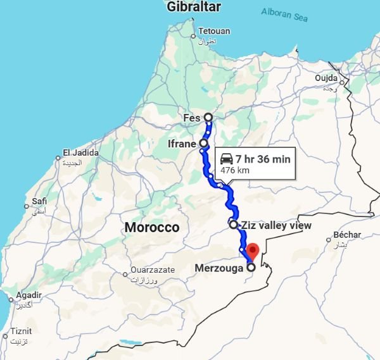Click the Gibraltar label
click(194, 7)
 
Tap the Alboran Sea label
click(284, 14)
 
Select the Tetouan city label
click(213, 31)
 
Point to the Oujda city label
click(327, 78)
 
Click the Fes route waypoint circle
click(208, 118)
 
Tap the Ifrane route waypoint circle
click(203, 143)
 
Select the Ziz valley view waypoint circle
click(233, 224)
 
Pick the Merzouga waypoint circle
click(251, 267)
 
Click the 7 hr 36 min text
click(263, 159)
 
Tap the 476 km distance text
click(234, 170)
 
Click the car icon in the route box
click(226, 159)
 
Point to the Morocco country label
click(152, 227)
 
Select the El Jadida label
click(80, 152)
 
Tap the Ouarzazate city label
click(152, 270)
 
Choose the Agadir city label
click(29, 295)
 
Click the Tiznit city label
click(21, 331)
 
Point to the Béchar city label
click(347, 235)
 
